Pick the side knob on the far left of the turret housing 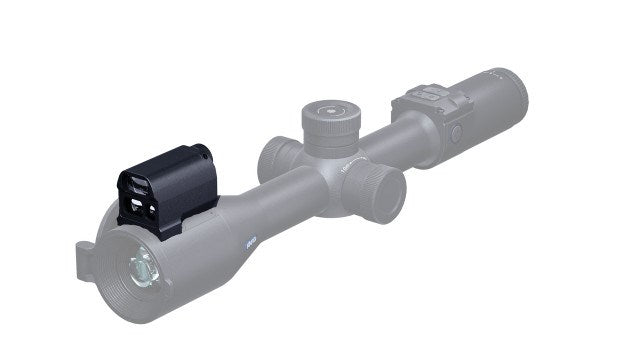tap(276, 155)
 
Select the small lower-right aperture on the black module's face tap(149, 209)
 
